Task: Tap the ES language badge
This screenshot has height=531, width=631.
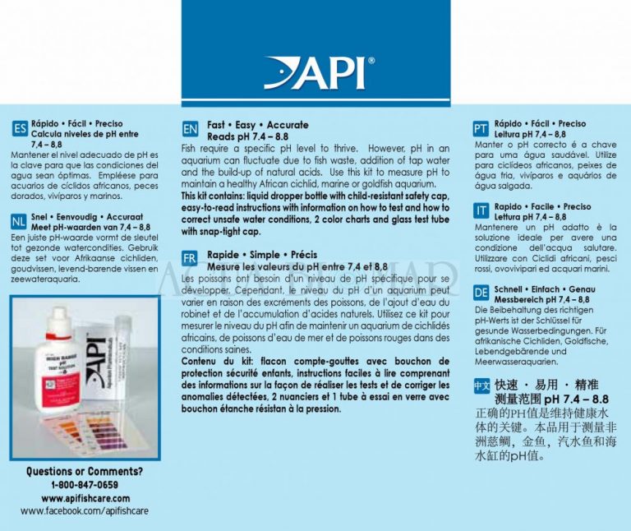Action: click(x=21, y=129)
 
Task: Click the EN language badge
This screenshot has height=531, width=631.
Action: click(x=191, y=130)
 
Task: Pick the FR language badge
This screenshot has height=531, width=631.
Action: click(x=191, y=260)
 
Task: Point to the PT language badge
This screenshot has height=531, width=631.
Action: click(x=481, y=129)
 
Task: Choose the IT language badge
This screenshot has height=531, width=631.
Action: click(x=481, y=211)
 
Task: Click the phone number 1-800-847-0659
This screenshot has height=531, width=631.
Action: click(x=84, y=485)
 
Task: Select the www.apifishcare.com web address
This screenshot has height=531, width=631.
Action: click(x=84, y=498)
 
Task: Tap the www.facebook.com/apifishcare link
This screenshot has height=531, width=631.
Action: click(x=84, y=510)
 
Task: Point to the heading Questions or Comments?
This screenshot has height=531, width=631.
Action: click(x=84, y=472)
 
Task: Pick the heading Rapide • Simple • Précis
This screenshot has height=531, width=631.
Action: click(x=262, y=255)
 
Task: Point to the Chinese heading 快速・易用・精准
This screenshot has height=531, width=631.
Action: click(x=546, y=384)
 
